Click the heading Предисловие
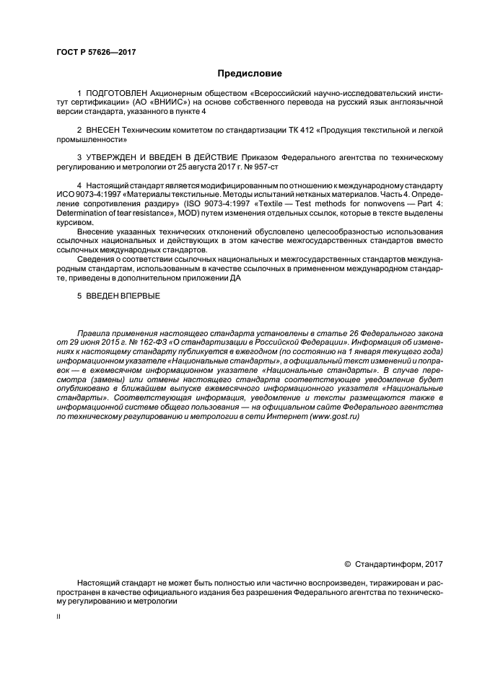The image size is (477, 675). coord(238,74)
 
